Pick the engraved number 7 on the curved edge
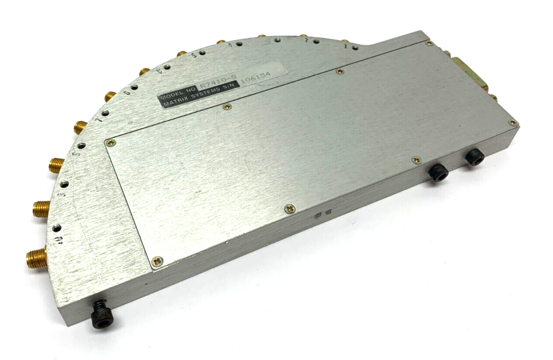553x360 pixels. tap(100, 120)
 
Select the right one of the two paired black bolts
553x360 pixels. tap(474, 158)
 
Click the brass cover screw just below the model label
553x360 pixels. tap(226, 107)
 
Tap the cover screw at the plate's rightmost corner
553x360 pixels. tap(513, 123)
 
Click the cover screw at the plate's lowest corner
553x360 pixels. tap(158, 261)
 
